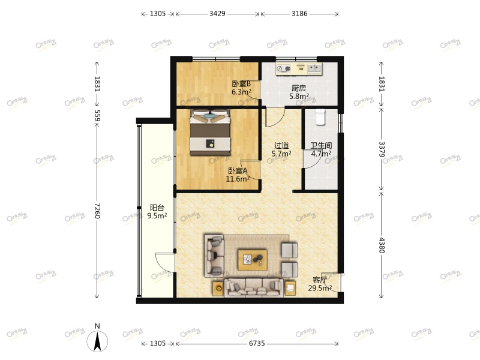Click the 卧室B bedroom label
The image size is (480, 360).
(241, 84)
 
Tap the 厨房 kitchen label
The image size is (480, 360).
(298, 88)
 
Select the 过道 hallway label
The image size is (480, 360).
(281, 145)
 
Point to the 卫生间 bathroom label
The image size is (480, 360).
(321, 145)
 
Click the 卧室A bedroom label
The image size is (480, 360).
(237, 170)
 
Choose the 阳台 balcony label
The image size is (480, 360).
(157, 208)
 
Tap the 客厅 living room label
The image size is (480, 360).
(320, 280)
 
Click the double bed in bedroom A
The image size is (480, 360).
(210, 133)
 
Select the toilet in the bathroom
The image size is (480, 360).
(320, 118)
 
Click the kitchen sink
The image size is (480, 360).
(311, 68)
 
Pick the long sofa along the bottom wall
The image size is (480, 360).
(254, 288)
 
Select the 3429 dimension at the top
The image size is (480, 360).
(217, 13)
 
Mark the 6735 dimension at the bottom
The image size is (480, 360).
(256, 343)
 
